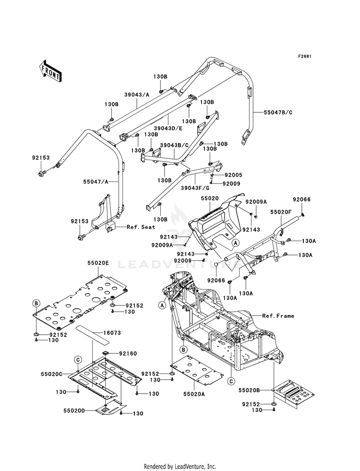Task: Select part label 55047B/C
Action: pyautogui.click(x=278, y=113)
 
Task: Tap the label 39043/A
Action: pyautogui.click(x=137, y=94)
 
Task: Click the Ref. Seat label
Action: pyautogui.click(x=141, y=227)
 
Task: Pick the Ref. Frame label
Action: pyautogui.click(x=278, y=316)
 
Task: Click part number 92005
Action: pyautogui.click(x=233, y=175)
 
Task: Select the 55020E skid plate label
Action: pyautogui.click(x=98, y=263)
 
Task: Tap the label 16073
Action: pyautogui.click(x=112, y=333)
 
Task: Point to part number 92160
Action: pyautogui.click(x=128, y=353)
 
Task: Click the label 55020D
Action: pyautogui.click(x=74, y=410)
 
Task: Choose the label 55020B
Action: pyautogui.click(x=249, y=390)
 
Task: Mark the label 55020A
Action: pyautogui.click(x=193, y=394)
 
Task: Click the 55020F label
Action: pyautogui.click(x=281, y=212)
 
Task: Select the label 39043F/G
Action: pyautogui.click(x=195, y=188)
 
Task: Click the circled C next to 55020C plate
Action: pyautogui.click(x=78, y=359)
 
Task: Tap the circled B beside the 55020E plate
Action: pyautogui.click(x=36, y=303)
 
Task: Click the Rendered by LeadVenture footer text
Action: pyautogui.click(x=180, y=466)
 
